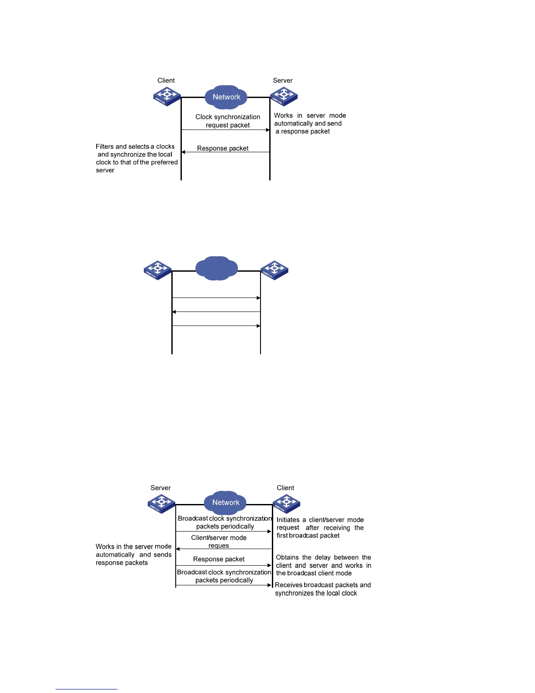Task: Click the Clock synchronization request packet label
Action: [x=228, y=121]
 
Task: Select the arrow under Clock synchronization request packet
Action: [x=226, y=130]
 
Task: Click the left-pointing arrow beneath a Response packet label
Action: [x=226, y=152]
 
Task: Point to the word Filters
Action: [x=104, y=147]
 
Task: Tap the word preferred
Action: [x=164, y=162]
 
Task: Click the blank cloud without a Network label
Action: [x=217, y=268]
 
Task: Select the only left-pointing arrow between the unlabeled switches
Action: [x=216, y=312]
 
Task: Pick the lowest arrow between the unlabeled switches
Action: [x=216, y=326]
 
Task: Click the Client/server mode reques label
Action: [x=219, y=542]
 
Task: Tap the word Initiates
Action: [x=288, y=520]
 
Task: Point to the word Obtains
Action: [x=288, y=557]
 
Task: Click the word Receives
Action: [x=288, y=585]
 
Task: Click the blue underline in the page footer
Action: [x=87, y=689]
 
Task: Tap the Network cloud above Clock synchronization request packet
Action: [x=226, y=97]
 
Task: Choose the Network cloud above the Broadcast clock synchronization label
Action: [x=226, y=502]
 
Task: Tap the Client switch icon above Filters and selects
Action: [x=167, y=96]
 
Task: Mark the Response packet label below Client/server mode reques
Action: [x=219, y=559]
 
